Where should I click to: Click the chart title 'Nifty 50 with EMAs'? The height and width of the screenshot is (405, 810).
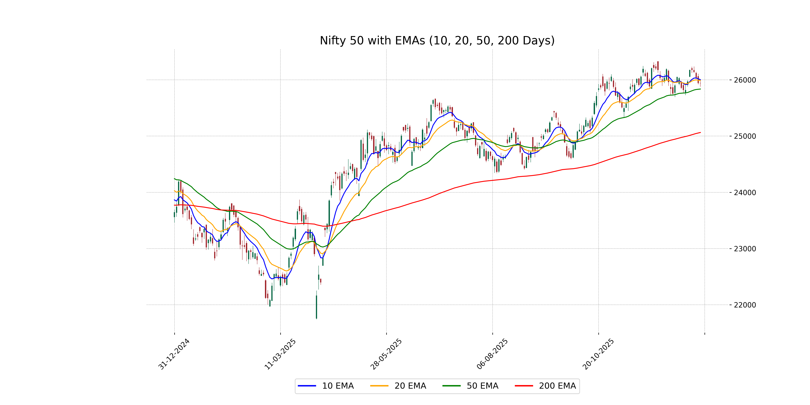[437, 40]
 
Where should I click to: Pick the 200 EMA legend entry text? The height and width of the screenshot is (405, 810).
[557, 386]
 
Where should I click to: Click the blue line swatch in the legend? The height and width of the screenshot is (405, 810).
[307, 386]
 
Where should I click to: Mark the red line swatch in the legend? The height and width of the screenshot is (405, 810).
[524, 386]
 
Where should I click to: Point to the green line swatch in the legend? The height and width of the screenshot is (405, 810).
[452, 386]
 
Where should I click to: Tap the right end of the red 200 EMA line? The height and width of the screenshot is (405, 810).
[700, 132]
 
